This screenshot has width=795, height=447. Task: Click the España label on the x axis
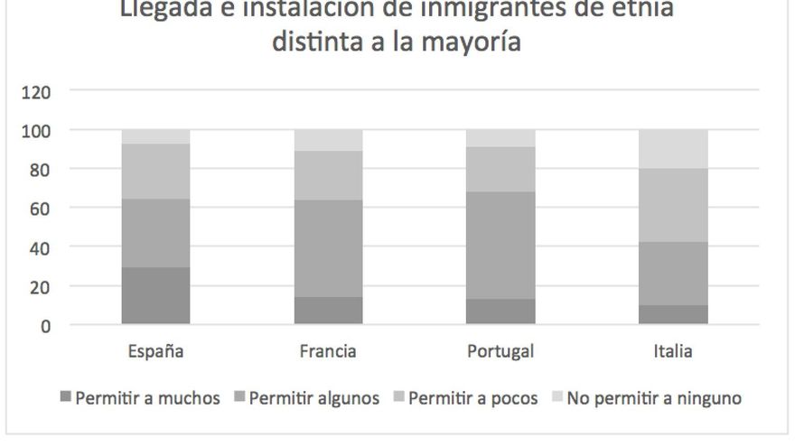click(155, 351)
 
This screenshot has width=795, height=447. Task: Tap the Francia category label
click(328, 351)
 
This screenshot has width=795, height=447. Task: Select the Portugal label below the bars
click(501, 351)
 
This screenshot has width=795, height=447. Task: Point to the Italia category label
click(673, 351)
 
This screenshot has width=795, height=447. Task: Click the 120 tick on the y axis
click(37, 91)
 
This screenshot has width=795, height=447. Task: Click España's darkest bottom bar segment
click(155, 295)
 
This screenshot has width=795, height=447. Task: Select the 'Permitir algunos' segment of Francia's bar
click(328, 248)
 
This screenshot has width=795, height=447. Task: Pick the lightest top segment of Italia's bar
click(673, 149)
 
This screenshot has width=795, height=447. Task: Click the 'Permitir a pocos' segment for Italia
click(673, 205)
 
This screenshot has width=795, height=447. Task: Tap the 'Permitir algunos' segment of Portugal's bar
click(501, 245)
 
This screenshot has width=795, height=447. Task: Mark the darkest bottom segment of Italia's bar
click(673, 314)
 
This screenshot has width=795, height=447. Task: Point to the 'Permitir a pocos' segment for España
click(155, 171)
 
